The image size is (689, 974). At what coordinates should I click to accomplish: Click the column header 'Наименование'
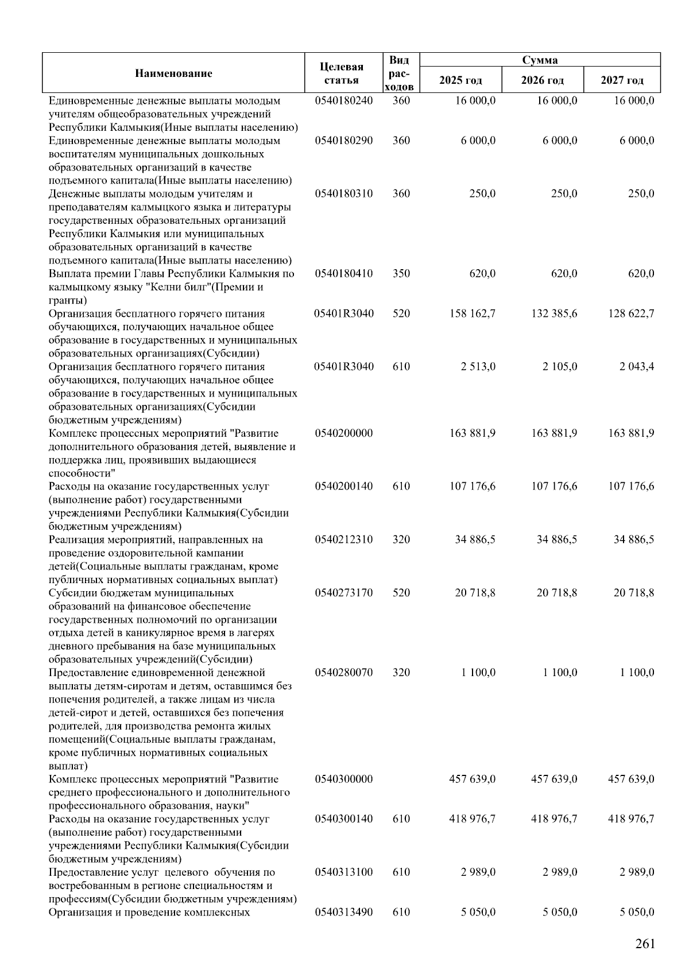pyautogui.click(x=173, y=73)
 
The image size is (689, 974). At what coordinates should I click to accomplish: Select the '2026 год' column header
pyautogui.click(x=543, y=80)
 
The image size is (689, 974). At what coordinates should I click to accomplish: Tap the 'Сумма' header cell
pyautogui.click(x=540, y=60)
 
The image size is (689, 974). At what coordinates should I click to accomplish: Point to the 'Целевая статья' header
pyautogui.click(x=342, y=73)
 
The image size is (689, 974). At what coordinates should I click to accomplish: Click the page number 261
pyautogui.click(x=645, y=944)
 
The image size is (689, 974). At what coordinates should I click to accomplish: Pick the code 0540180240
pyautogui.click(x=343, y=101)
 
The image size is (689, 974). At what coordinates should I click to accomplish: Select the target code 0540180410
pyautogui.click(x=343, y=274)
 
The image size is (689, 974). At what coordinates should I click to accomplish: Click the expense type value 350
pyautogui.click(x=401, y=274)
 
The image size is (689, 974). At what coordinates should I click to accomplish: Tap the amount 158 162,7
pyautogui.click(x=473, y=314)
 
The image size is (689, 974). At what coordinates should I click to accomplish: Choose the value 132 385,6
pyautogui.click(x=554, y=314)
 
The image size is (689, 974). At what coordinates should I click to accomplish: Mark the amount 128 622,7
pyautogui.click(x=631, y=314)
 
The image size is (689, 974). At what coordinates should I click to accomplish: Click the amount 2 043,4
pyautogui.click(x=637, y=367)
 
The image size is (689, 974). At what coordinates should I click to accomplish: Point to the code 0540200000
pyautogui.click(x=343, y=433)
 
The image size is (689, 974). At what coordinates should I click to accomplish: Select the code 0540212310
pyautogui.click(x=343, y=540)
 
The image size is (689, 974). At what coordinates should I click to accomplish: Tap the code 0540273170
pyautogui.click(x=343, y=593)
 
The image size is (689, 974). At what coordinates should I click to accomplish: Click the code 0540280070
pyautogui.click(x=343, y=673)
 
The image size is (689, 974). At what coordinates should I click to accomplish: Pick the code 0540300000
pyautogui.click(x=343, y=779)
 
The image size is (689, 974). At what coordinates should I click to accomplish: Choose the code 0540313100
pyautogui.click(x=343, y=872)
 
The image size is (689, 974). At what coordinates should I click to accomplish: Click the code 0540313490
pyautogui.click(x=343, y=913)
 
